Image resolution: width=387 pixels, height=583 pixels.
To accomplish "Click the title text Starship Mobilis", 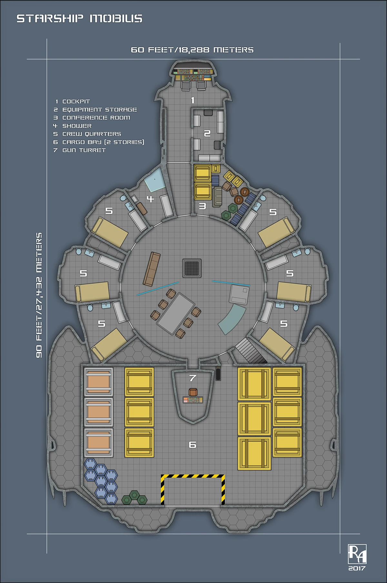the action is (79, 18).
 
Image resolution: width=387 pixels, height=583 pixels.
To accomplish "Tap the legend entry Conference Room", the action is (96, 118).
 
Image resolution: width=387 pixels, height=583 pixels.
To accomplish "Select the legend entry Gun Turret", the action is (84, 150).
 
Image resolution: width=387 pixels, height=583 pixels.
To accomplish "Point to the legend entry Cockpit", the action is (76, 102).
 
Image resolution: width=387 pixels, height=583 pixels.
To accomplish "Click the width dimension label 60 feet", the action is (192, 50).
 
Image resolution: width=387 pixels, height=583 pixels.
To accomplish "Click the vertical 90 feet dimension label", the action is (39, 295).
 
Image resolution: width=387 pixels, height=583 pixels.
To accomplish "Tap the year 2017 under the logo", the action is (357, 568).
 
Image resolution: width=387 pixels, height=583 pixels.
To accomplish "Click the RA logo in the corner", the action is (357, 554).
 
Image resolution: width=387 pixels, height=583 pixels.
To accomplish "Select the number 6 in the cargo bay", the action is (193, 445).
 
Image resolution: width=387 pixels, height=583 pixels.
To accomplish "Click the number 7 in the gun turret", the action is (193, 378).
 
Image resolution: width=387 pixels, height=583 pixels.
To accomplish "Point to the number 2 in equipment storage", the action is (207, 133).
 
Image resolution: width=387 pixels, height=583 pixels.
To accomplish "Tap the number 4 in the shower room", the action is (150, 199).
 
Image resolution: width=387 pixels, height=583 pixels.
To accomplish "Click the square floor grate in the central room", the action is (192, 268).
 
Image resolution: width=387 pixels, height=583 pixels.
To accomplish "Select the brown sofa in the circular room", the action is (152, 269).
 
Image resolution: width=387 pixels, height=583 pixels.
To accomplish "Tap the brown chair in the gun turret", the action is (193, 392).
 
